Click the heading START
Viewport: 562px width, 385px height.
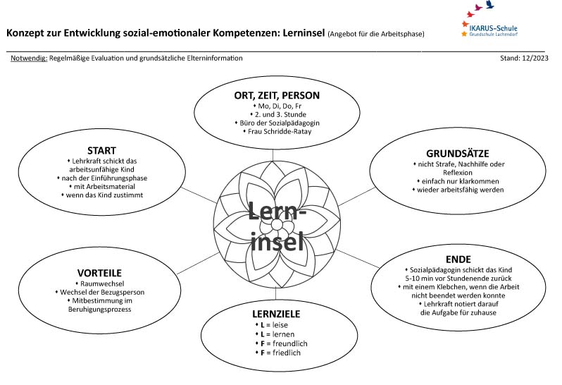tap(101, 150)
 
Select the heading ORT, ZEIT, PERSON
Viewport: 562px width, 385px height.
tap(277, 95)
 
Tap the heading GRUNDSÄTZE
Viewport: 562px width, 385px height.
tap(458, 153)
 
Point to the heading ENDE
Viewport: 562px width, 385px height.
tap(458, 259)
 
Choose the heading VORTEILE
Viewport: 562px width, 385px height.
tap(100, 273)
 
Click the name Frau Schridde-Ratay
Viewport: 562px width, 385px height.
tap(277, 131)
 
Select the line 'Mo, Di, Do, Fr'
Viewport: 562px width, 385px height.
tap(277, 105)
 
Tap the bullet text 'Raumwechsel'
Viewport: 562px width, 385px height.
tap(101, 283)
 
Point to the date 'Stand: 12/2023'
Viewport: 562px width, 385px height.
tap(523, 59)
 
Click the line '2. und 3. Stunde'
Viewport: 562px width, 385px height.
tap(277, 114)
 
